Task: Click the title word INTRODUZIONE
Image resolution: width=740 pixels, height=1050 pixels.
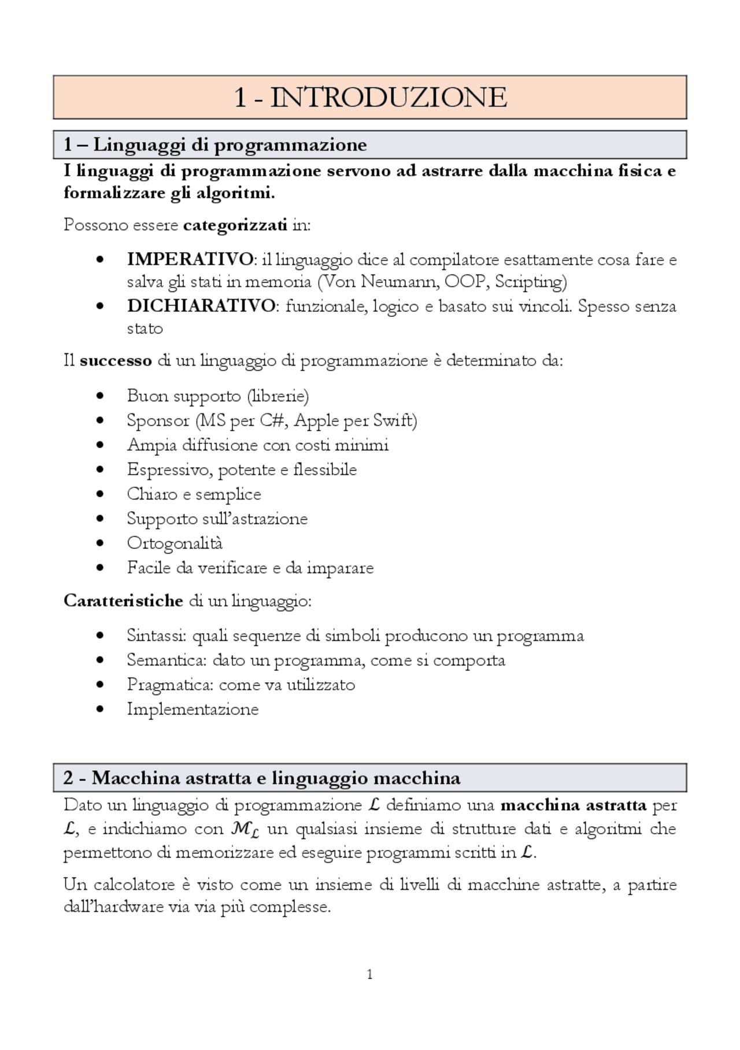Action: point(388,97)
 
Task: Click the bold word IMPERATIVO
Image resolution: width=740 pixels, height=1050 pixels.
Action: point(190,259)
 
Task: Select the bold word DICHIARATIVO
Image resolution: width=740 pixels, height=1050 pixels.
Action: point(201,305)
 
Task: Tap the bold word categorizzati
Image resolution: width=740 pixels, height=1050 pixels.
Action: point(235,224)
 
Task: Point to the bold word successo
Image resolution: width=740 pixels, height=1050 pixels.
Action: point(116,361)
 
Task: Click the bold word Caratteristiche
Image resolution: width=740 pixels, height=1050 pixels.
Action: point(123,601)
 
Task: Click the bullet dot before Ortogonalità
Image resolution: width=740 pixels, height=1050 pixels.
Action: point(101,544)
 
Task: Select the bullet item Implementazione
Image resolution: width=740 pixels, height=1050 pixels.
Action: point(193,709)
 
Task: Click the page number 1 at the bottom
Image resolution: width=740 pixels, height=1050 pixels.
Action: point(369,975)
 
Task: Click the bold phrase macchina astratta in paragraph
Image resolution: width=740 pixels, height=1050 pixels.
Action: point(573,805)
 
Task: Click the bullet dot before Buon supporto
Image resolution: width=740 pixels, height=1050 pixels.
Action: point(101,396)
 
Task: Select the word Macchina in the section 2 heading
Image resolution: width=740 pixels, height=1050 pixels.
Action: point(136,778)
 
